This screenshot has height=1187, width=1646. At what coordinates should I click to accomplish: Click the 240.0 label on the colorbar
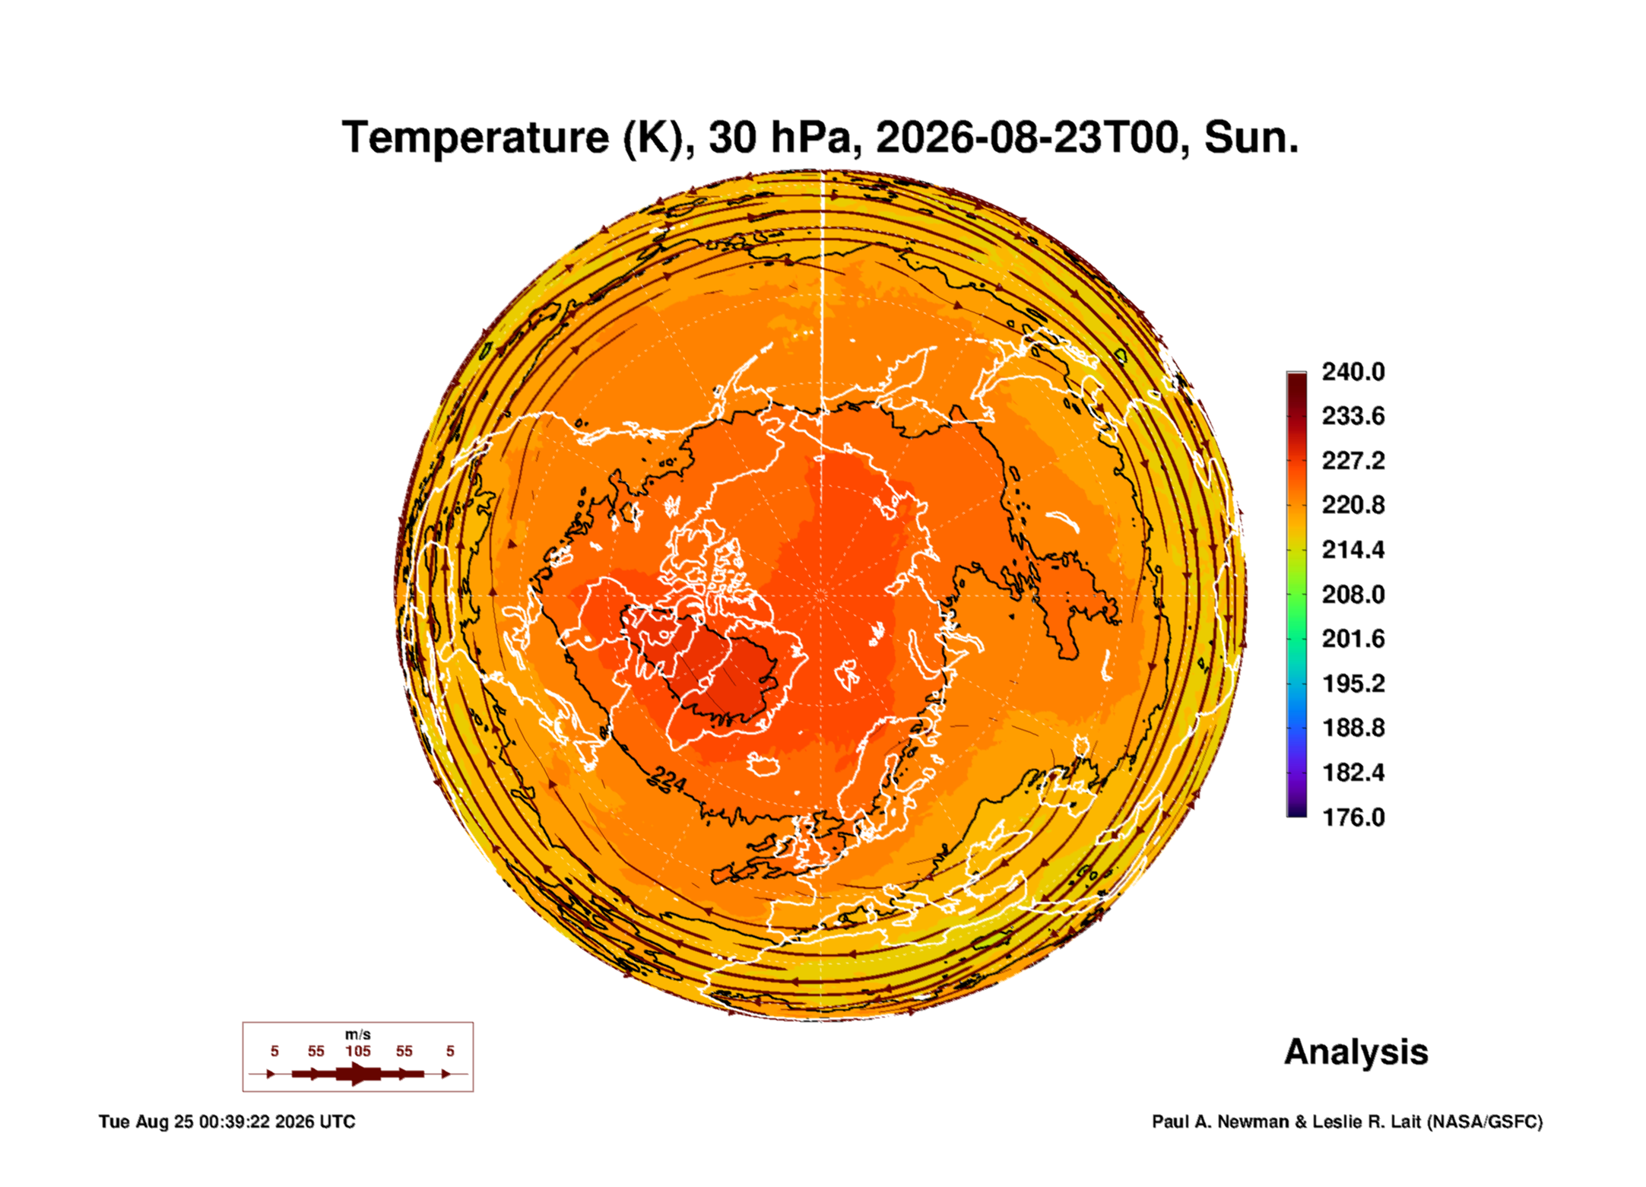point(1353,372)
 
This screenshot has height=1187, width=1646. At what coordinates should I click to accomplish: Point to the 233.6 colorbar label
point(1353,416)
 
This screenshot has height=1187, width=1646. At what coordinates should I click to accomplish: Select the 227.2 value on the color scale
point(1353,461)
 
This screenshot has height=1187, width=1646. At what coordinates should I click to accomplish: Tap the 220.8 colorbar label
point(1353,505)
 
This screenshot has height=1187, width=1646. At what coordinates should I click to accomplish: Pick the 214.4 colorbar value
point(1353,550)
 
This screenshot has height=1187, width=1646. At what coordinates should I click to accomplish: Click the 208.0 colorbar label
point(1353,594)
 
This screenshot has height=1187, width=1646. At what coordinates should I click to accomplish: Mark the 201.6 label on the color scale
point(1353,639)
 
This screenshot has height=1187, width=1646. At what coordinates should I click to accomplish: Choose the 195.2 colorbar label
point(1353,684)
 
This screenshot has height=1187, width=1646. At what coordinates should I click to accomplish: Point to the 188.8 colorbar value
point(1353,728)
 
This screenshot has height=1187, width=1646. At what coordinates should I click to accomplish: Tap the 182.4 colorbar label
point(1353,773)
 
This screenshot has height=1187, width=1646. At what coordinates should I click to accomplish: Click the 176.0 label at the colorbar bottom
point(1353,817)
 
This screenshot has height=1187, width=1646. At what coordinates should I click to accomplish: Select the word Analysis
point(1356,1052)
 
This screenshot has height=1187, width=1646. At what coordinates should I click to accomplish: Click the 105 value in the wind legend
point(357,1051)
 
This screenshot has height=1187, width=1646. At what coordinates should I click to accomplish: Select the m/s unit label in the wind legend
point(357,1034)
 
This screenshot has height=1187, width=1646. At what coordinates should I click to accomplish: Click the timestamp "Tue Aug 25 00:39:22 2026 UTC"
point(227,1122)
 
